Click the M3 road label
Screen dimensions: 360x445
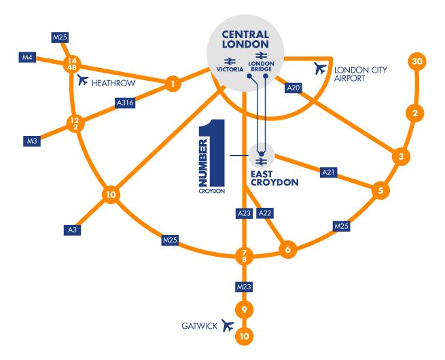[x=32, y=141]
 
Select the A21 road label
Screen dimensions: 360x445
[x=329, y=173]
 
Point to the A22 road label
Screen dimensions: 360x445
[x=266, y=213]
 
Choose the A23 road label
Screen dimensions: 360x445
[x=245, y=213]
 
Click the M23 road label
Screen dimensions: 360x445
[x=244, y=287]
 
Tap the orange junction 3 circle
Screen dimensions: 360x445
[x=401, y=157]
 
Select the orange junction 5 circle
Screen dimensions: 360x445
[x=380, y=191]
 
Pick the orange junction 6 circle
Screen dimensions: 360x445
[x=288, y=250]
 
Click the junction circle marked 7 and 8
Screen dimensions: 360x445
[x=244, y=256]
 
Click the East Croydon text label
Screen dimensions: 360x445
[x=274, y=179]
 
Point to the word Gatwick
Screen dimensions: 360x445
[x=199, y=327]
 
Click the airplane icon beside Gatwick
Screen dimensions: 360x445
[x=228, y=327]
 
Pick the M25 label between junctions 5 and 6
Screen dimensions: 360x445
[x=341, y=226]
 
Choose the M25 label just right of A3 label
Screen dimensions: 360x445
[x=170, y=240]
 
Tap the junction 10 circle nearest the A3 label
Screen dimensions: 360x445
[x=111, y=195]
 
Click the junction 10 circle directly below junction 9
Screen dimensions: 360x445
[x=244, y=336]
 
